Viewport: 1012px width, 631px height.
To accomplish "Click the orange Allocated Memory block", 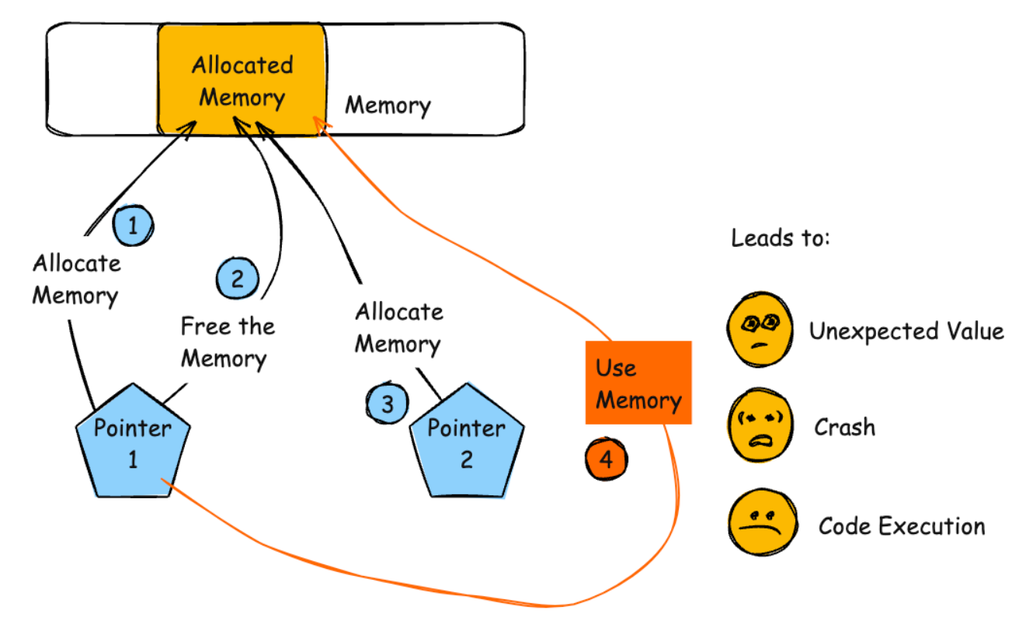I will (242, 81).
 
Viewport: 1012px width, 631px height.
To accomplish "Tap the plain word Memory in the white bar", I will (388, 105).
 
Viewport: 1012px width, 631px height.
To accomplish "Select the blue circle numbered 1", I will (133, 226).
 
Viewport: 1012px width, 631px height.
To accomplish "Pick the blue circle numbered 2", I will (237, 278).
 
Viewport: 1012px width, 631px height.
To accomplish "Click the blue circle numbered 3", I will (387, 404).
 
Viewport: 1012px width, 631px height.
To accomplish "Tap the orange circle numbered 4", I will (606, 459).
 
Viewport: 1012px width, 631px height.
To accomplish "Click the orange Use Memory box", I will (638, 383).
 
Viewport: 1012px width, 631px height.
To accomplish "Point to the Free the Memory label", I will (225, 342).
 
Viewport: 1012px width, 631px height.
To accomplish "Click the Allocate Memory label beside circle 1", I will (76, 279).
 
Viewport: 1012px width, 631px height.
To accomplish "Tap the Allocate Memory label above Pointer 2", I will (398, 328).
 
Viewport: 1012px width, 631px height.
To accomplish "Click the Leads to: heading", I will (781, 237).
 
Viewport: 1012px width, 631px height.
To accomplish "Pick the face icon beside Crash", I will (760, 426).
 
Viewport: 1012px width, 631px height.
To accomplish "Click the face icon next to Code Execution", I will (760, 521).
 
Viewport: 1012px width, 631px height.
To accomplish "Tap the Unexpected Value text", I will (906, 331).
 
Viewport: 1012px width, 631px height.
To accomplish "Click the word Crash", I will (844, 427).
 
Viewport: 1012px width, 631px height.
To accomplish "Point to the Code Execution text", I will (902, 526).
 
